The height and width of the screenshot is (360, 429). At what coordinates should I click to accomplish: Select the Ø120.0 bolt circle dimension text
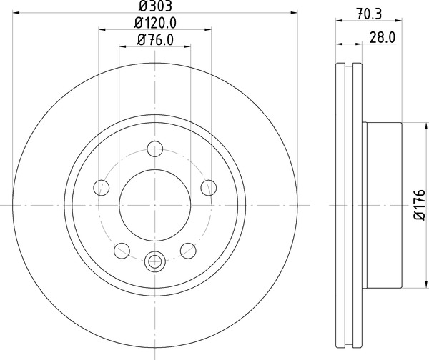coord(155,23)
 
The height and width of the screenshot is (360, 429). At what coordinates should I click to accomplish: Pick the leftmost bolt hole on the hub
coord(102,188)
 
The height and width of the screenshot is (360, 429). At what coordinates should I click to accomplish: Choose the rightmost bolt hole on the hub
coord(208,188)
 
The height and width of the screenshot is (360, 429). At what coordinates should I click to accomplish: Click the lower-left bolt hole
coord(122,250)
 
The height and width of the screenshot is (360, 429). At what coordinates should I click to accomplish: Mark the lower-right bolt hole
coord(188,250)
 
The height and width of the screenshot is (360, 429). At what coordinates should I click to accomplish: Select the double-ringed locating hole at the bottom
coord(155,261)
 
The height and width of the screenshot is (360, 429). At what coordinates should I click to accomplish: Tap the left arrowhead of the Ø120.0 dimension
coord(101,29)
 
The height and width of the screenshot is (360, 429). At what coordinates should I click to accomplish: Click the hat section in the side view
coord(383,204)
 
